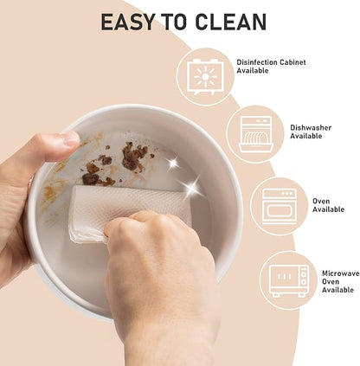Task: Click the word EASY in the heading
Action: (128, 22)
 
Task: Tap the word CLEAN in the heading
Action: (230, 22)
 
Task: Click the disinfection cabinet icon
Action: (205, 77)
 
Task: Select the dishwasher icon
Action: (256, 134)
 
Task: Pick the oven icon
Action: (280, 206)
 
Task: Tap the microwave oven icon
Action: (289, 280)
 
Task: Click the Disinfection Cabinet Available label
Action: (271, 67)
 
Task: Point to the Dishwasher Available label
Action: (311, 132)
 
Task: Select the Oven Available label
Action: (328, 205)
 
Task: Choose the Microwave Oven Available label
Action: (340, 281)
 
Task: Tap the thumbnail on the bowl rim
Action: (70, 138)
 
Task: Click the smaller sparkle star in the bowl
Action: (173, 164)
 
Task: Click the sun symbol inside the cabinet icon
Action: (205, 77)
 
